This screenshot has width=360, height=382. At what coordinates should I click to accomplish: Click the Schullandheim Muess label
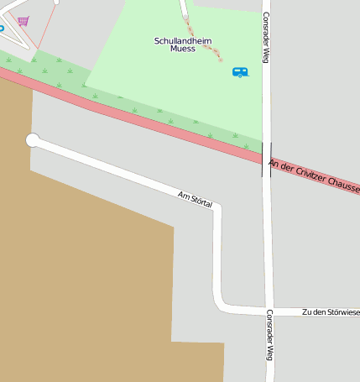(183, 44)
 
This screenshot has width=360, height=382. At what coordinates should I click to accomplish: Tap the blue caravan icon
(240, 72)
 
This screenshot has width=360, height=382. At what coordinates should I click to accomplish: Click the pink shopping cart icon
(23, 21)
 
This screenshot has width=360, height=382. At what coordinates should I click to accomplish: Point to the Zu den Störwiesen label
(331, 312)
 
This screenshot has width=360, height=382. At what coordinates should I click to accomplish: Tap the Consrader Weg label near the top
(266, 37)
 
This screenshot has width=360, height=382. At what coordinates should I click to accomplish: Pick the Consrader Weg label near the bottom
(269, 345)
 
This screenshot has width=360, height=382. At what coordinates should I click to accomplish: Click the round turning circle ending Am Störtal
(33, 140)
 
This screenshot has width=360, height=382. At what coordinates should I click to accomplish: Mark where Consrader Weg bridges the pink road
(266, 158)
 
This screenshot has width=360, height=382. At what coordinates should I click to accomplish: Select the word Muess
(182, 49)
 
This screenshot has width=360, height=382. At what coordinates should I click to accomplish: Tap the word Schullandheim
(183, 39)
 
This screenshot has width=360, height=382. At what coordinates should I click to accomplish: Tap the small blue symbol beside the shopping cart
(2, 28)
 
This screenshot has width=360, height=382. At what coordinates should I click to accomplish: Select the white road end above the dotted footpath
(183, 8)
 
